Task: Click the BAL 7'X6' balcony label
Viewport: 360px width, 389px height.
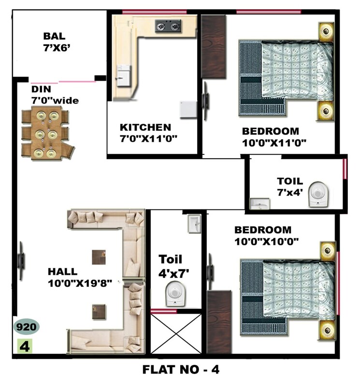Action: (x=55, y=42)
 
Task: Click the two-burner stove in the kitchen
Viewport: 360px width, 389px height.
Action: (x=167, y=26)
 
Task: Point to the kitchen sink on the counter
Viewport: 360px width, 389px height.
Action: (x=123, y=74)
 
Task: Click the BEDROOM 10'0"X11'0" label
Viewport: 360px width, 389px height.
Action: (x=274, y=136)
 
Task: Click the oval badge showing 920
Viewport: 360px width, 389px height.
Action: (x=27, y=327)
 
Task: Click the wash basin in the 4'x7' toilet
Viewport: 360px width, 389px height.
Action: (x=195, y=223)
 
